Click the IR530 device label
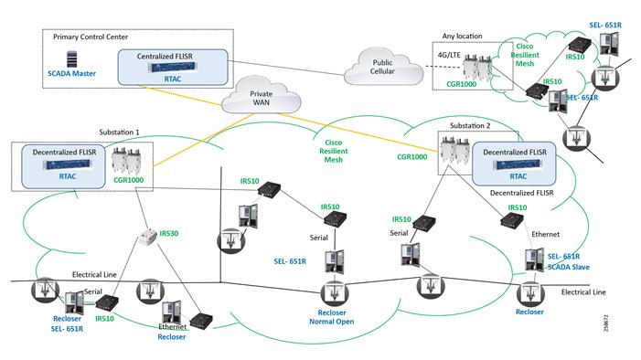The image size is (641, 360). coord(168,234)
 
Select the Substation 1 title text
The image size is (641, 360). coord(119,132)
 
